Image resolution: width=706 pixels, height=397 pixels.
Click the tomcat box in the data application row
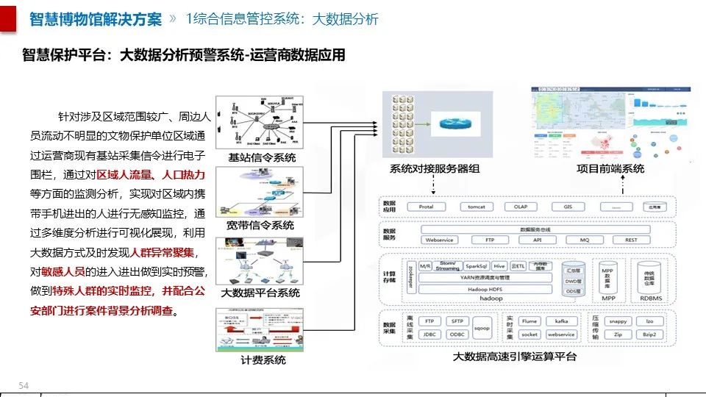click(477, 207)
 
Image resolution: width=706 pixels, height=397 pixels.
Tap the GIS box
click(568, 207)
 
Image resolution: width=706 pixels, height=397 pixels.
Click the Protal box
click(427, 207)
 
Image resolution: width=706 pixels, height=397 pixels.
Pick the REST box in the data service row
click(631, 240)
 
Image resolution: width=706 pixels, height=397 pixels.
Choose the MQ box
click(585, 240)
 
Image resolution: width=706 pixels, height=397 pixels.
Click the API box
click(538, 240)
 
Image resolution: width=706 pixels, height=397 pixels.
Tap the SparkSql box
click(479, 266)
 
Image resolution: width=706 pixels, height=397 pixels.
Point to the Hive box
click(499, 266)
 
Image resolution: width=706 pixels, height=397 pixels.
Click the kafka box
click(561, 321)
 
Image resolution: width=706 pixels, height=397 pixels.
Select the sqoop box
click(482, 328)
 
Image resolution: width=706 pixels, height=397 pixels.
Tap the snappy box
click(618, 321)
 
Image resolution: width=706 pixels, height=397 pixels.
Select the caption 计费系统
click(263, 360)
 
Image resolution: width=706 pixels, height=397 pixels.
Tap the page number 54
click(23, 386)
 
